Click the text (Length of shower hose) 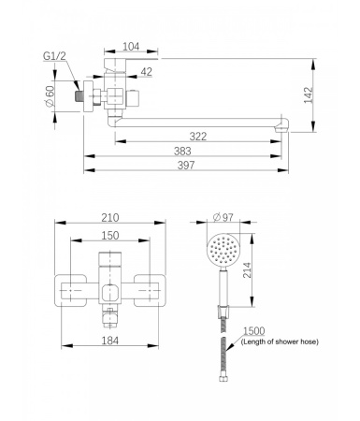(279, 342)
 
